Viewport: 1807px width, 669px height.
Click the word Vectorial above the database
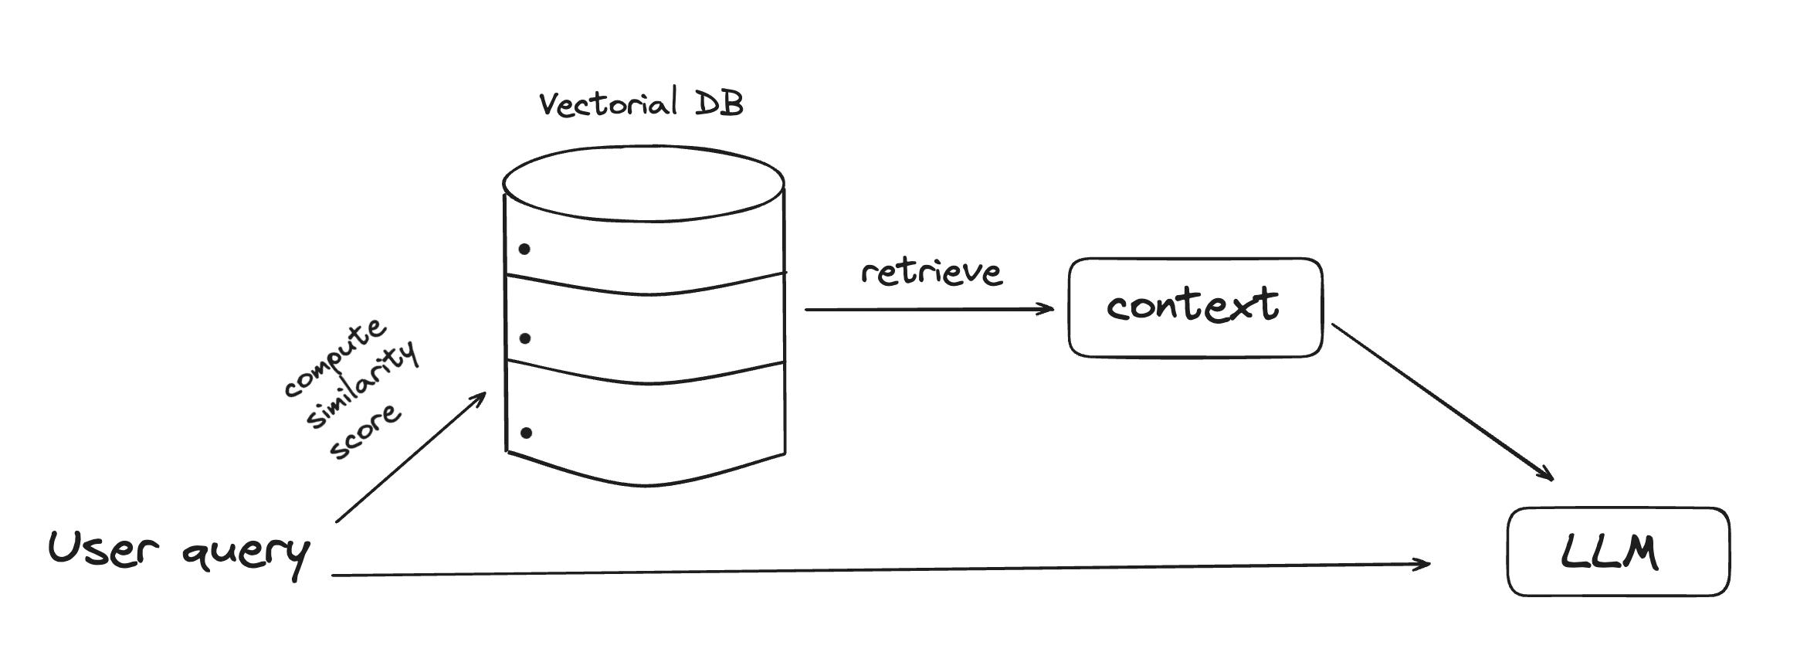click(x=609, y=104)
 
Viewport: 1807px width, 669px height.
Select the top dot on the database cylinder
click(x=524, y=249)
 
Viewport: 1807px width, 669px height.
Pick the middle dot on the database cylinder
click(x=525, y=338)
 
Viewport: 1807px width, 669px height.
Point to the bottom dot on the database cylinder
click(x=526, y=433)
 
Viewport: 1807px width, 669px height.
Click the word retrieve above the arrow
click(x=931, y=272)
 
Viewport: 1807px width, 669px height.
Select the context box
click(x=1195, y=307)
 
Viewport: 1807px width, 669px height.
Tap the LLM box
click(x=1619, y=552)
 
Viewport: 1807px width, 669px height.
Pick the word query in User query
click(x=246, y=555)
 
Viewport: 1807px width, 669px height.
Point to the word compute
click(x=334, y=356)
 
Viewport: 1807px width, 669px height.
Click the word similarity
click(x=362, y=384)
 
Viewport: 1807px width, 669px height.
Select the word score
click(x=365, y=431)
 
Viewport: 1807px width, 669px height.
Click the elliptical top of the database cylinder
click(x=643, y=184)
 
